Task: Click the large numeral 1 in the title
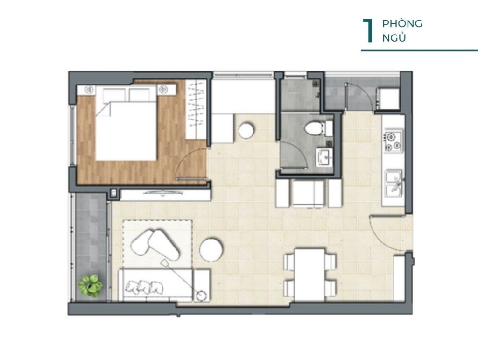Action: (368, 31)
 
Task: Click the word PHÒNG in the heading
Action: (402, 23)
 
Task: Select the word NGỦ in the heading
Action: (394, 38)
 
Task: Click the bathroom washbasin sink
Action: (324, 157)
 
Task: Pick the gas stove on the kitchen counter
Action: (393, 141)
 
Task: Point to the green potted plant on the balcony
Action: (90, 286)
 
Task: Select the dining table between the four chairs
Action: (310, 275)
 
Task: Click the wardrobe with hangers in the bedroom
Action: (196, 109)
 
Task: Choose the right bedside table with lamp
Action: (167, 90)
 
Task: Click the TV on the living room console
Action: (163, 192)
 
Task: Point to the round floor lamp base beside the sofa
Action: (201, 296)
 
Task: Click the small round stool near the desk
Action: (246, 130)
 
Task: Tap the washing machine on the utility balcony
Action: (388, 99)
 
